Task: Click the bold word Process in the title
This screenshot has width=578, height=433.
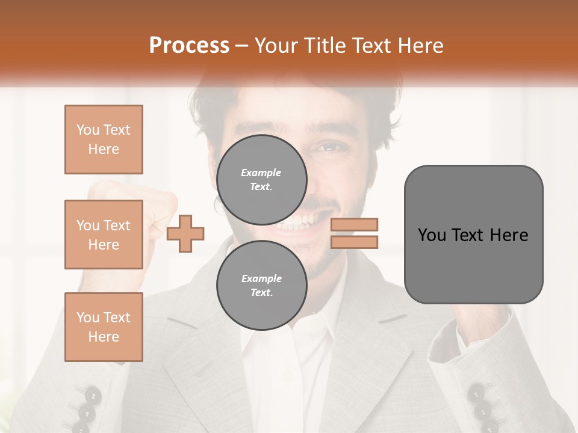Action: (189, 46)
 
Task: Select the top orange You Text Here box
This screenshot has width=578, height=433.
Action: (104, 140)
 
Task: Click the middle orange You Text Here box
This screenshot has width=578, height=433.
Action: (104, 235)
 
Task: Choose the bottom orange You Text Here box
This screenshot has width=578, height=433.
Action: (104, 327)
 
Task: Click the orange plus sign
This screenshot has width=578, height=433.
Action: (185, 233)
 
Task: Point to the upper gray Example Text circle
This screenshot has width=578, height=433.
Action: (262, 180)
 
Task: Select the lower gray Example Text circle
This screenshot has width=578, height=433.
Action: (262, 286)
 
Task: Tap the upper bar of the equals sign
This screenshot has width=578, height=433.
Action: (355, 224)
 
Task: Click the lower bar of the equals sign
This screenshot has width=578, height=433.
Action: (355, 242)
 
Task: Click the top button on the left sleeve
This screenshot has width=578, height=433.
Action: (93, 395)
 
